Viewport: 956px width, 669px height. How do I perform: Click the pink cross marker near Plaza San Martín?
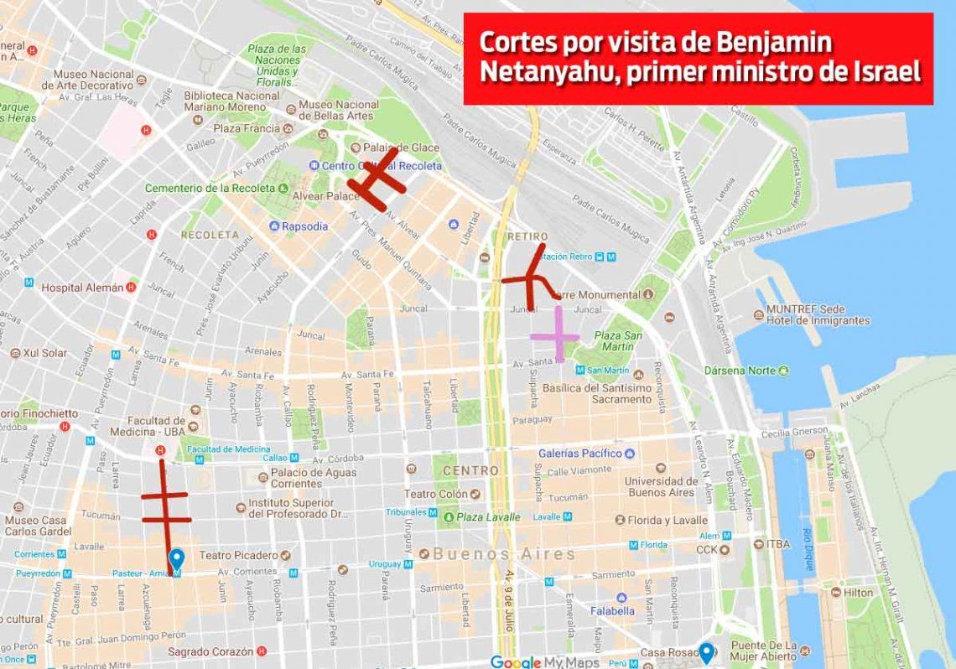[x=555, y=335]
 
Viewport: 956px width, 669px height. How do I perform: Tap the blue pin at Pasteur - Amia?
[x=176, y=560]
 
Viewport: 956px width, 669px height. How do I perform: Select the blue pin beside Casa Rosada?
[x=706, y=652]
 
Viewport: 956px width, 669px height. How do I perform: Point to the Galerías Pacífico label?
[x=580, y=454]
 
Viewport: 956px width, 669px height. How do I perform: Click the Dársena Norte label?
[x=740, y=371]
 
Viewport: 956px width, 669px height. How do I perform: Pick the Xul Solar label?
[x=45, y=353]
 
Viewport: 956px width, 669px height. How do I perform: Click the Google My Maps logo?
[x=545, y=662]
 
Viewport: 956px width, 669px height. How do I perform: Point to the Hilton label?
[x=859, y=592]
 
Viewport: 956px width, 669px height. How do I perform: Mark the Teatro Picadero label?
[x=238, y=555]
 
